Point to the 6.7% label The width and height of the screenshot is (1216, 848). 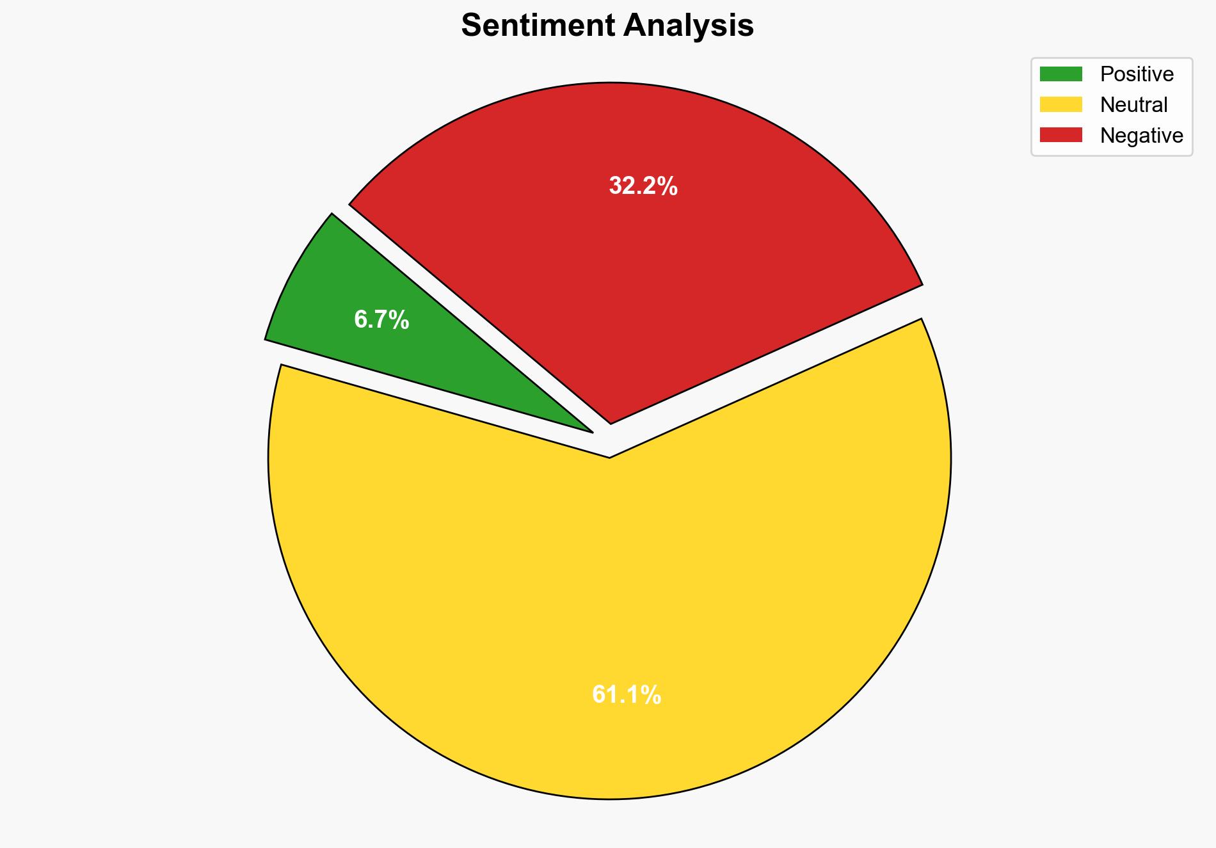(381, 319)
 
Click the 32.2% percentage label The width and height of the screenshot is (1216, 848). (643, 186)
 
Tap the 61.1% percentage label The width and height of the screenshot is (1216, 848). (626, 694)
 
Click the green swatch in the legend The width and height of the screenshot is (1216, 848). (1060, 74)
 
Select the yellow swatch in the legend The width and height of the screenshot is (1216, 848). (1060, 104)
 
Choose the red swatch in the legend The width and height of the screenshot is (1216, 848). (1060, 135)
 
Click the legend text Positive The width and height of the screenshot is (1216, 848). (1137, 74)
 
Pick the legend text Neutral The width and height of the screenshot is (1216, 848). (1133, 105)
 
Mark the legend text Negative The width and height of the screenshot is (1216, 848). (1141, 136)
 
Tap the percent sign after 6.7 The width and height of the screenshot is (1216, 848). (399, 319)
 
